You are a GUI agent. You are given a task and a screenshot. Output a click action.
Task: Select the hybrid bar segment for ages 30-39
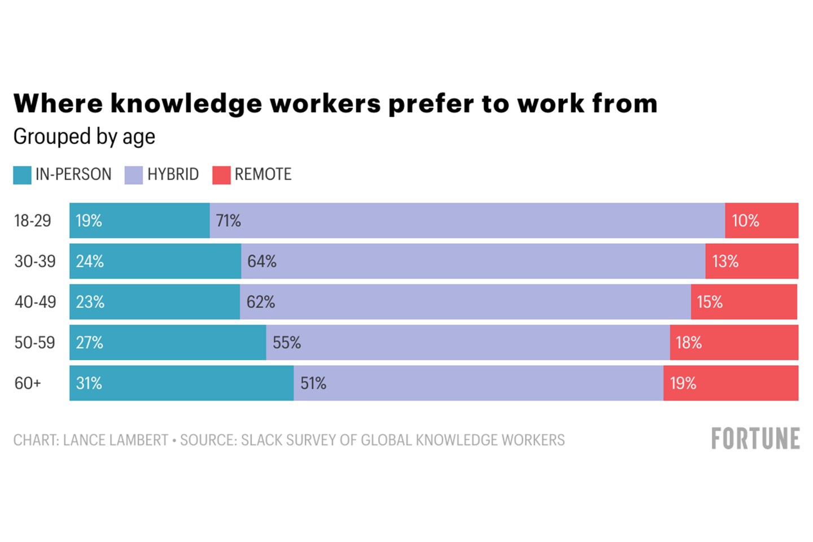473,261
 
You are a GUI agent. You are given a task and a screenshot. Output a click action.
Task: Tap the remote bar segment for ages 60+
731,383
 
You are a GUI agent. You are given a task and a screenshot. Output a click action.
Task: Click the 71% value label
229,221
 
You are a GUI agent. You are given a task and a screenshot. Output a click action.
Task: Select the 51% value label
313,383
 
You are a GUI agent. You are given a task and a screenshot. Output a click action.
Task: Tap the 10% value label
745,221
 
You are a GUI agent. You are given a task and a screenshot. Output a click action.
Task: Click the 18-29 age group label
33,221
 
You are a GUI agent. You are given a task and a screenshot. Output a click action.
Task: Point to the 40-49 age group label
35,302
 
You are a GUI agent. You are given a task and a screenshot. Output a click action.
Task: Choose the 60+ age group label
28,383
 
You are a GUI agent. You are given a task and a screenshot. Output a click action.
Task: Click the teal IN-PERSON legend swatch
22,175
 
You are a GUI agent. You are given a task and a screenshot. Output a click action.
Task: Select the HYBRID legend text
173,174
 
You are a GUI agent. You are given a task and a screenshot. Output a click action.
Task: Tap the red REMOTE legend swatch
221,175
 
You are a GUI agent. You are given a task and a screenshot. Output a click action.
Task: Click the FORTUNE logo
755,439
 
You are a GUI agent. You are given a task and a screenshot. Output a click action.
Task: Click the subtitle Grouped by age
84,137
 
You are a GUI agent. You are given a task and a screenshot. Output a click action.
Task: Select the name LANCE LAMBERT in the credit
116,440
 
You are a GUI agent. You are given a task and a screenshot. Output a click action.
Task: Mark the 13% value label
725,261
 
